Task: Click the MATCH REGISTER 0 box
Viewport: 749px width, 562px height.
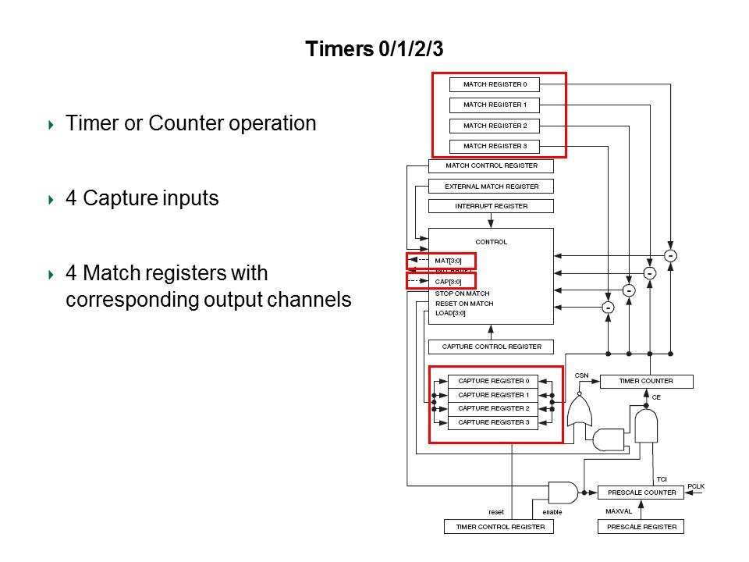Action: (495, 84)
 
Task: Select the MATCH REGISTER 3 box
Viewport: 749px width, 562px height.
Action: (495, 146)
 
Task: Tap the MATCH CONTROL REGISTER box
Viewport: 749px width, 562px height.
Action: (491, 166)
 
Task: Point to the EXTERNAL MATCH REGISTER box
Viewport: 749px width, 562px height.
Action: (491, 187)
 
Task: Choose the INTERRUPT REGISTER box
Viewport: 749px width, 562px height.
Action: (491, 207)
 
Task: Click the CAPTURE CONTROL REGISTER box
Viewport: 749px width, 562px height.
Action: (491, 347)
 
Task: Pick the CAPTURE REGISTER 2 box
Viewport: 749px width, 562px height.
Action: (493, 408)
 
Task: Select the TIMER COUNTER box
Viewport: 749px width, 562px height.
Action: (646, 381)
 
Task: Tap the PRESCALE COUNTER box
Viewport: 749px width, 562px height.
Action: (641, 493)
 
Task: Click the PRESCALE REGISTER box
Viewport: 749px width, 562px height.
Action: (641, 527)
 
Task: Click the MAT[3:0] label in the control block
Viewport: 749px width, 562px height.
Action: (449, 260)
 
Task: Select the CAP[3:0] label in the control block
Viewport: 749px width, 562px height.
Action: (449, 281)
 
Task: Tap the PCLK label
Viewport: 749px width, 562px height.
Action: (696, 486)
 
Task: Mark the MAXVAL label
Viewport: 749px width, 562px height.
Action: (617, 511)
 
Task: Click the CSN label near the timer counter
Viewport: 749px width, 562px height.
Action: (582, 375)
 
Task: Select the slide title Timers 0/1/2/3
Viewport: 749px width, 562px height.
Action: (374, 49)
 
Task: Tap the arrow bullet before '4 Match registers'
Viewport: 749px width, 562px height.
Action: (51, 274)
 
